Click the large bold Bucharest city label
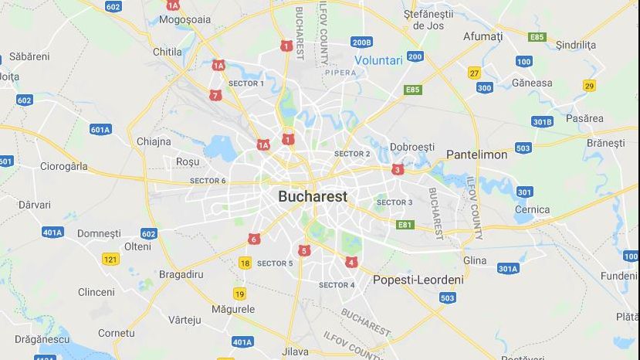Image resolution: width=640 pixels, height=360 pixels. click(313, 196)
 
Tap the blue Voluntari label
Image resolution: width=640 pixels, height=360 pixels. click(379, 60)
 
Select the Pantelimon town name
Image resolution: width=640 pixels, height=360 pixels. click(476, 155)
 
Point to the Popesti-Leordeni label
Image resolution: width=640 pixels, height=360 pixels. click(418, 280)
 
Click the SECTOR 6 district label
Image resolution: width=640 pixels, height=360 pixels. click(208, 181)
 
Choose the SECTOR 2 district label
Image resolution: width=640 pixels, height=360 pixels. click(351, 154)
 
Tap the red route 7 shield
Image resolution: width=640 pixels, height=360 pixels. click(215, 96)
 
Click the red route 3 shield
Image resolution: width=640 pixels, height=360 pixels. click(398, 169)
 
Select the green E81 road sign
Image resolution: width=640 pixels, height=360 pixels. click(405, 225)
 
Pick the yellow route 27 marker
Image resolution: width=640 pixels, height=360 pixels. click(474, 73)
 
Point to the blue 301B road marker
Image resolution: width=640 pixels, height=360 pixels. click(542, 121)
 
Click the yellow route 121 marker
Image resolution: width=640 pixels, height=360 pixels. click(110, 260)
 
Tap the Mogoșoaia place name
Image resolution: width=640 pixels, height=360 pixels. click(184, 20)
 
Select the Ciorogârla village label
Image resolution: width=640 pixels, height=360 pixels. click(64, 166)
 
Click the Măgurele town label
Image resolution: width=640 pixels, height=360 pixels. click(232, 309)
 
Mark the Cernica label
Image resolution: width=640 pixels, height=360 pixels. click(532, 209)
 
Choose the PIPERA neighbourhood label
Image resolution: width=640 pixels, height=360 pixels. click(341, 73)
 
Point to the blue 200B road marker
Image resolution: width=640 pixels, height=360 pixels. click(361, 42)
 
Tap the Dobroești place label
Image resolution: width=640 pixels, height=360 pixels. click(411, 147)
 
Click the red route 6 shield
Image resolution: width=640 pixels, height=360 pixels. click(254, 239)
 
